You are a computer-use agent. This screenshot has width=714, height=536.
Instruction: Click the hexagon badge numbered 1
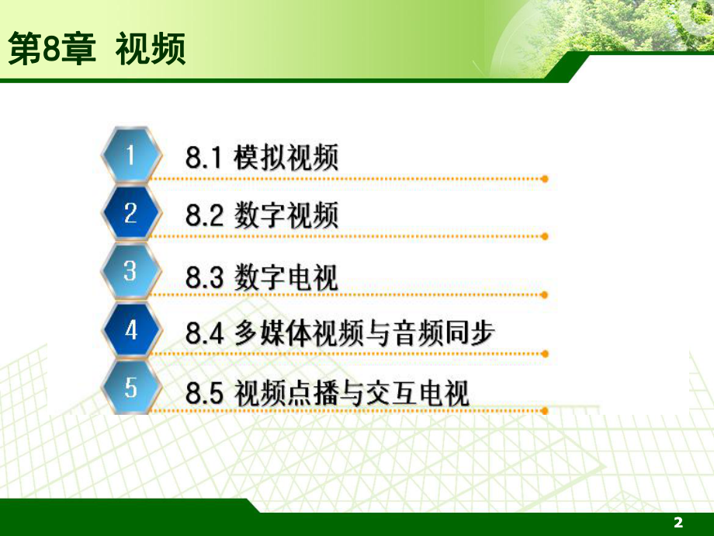[x=130, y=155]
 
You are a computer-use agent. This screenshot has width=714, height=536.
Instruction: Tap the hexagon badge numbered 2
[x=130, y=213]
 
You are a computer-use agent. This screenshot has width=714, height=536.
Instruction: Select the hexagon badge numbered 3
[x=130, y=271]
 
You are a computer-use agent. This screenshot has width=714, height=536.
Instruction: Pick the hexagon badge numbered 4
[x=130, y=329]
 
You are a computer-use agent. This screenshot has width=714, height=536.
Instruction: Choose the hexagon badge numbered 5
[x=130, y=387]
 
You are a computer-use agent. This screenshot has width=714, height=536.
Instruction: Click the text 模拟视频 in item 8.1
[x=286, y=158]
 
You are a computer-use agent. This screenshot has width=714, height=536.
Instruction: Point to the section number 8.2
[x=204, y=216]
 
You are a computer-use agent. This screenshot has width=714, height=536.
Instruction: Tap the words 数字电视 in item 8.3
[x=286, y=276]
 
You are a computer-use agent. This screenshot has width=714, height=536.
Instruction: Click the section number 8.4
[x=204, y=334]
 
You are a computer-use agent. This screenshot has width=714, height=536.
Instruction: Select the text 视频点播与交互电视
[x=352, y=393]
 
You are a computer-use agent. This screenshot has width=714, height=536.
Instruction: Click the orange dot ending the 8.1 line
[x=545, y=179]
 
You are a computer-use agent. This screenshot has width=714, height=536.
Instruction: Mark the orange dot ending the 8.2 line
[x=545, y=236]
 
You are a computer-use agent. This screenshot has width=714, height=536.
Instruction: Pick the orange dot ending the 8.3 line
[x=545, y=294]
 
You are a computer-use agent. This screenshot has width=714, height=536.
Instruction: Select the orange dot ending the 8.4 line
[x=545, y=353]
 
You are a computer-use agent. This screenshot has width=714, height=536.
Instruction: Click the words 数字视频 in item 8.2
[x=286, y=216]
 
